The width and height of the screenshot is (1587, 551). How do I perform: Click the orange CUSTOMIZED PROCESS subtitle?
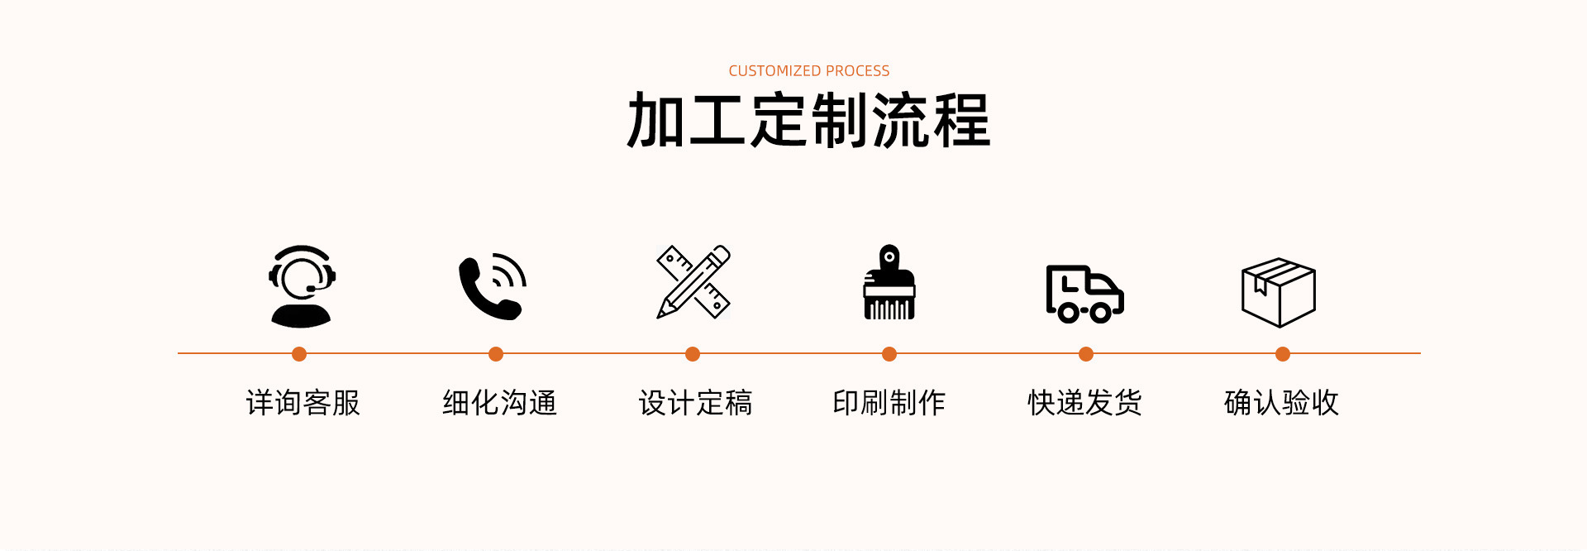point(808,71)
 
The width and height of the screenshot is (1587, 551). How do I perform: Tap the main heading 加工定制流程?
point(808,121)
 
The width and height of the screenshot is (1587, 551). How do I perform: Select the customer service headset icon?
point(302,286)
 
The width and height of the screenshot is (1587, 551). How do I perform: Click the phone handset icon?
point(493,286)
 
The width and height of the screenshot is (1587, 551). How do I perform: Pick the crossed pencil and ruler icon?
point(693,282)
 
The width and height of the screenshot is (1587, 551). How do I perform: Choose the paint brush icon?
point(889,283)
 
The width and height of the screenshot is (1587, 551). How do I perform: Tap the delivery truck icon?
point(1084,294)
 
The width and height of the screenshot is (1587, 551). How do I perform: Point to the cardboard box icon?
point(1279,292)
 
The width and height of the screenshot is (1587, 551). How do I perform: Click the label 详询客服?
point(303,403)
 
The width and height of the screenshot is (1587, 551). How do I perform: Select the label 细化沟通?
point(499,403)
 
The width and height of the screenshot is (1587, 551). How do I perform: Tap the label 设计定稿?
point(695,403)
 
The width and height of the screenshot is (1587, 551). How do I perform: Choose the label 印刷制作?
point(889,403)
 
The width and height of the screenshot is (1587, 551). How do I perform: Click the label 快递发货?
point(1084,403)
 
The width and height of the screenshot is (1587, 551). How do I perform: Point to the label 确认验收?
point(1281,403)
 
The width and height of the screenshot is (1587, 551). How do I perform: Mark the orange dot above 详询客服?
point(299,354)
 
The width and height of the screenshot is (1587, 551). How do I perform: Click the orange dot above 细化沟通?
point(496,354)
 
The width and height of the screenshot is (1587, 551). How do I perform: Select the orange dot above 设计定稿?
point(693,354)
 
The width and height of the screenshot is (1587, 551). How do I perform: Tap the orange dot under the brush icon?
point(889,354)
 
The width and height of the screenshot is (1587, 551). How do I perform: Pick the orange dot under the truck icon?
point(1086,354)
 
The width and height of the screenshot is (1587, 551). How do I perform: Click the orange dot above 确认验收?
point(1283,354)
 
